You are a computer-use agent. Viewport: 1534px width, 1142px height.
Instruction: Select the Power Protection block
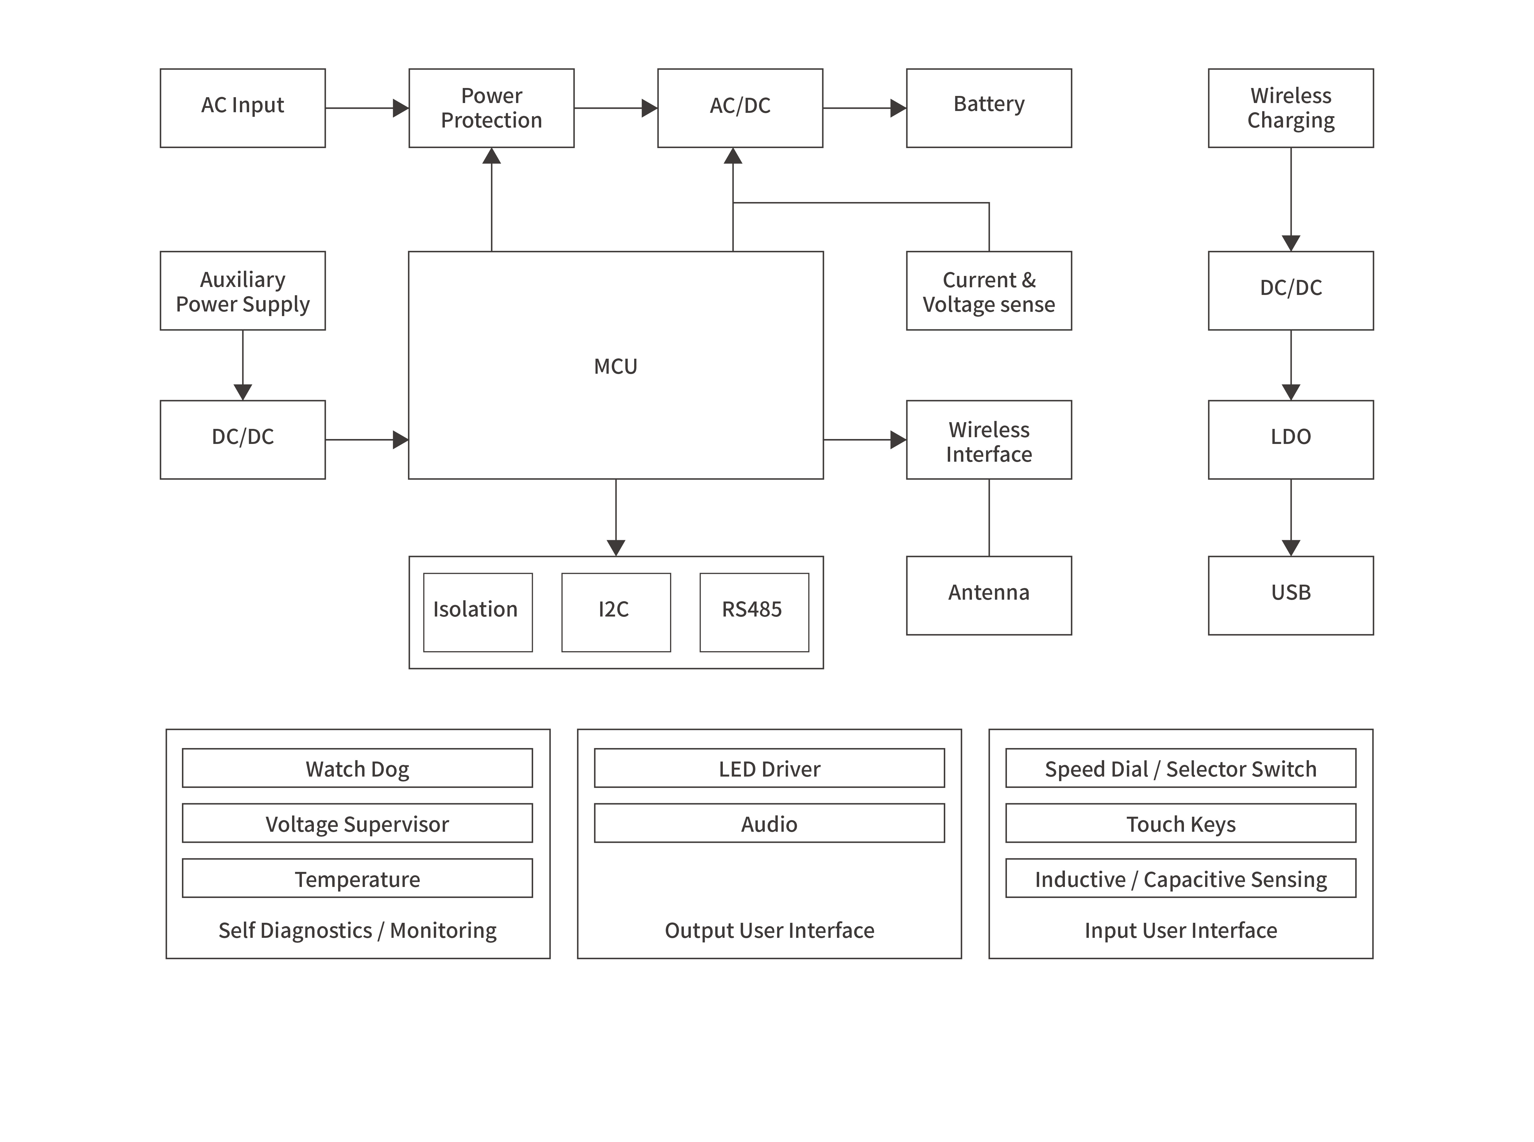pyautogui.click(x=491, y=108)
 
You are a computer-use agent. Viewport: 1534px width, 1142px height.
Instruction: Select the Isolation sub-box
pyautogui.click(x=477, y=612)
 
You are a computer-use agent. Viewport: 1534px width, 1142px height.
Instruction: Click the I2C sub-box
pyautogui.click(x=615, y=612)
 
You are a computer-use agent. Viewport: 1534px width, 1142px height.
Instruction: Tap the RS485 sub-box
pyautogui.click(x=754, y=612)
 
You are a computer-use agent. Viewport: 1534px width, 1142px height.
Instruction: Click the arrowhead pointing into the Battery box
pyautogui.click(x=898, y=108)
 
